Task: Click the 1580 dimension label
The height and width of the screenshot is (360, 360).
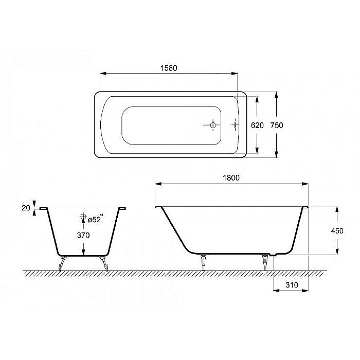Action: (x=169, y=68)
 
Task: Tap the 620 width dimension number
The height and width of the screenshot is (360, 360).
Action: (x=257, y=125)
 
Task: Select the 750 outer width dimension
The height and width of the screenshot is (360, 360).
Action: (x=277, y=125)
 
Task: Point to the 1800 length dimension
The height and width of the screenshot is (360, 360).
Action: (x=231, y=178)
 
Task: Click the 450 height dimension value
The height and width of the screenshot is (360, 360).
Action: (x=337, y=231)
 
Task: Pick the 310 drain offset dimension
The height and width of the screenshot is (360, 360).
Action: (x=292, y=285)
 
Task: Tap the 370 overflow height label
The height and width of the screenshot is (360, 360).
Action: (x=83, y=236)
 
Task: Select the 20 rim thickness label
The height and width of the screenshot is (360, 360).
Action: (x=26, y=208)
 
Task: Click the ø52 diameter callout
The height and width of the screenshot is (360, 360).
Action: (x=95, y=220)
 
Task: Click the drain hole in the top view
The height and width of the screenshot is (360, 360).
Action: (x=213, y=125)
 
